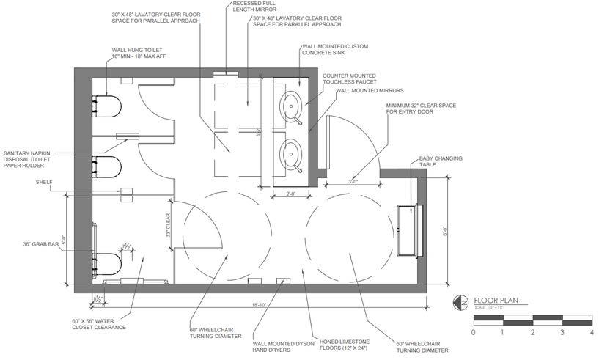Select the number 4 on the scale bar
coord(591,332)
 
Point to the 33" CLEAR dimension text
coord(168,225)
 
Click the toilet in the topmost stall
coord(106,107)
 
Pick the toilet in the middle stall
coord(106,167)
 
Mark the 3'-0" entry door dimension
coord(353,182)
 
